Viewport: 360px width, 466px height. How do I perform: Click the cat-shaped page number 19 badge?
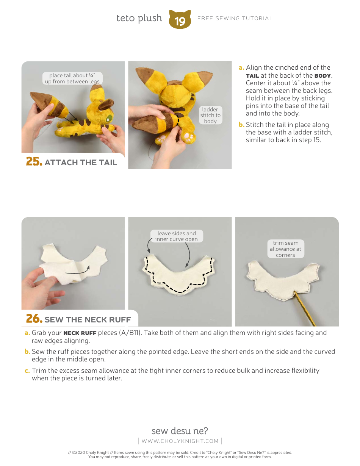[180, 19]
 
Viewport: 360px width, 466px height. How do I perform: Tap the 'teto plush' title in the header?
[139, 18]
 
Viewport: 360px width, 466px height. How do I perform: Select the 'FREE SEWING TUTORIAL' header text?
[235, 18]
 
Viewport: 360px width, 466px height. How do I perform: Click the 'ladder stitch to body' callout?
[210, 115]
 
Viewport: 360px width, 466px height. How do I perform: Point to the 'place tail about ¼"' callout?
[72, 78]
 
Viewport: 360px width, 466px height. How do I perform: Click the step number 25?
[34, 162]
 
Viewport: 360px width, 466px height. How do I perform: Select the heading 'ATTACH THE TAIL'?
[81, 163]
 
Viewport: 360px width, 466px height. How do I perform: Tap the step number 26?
[34, 319]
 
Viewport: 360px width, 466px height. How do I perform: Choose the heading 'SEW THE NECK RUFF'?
[88, 320]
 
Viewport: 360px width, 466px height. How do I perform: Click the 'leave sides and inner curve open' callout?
[177, 236]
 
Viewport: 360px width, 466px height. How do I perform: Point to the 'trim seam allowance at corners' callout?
[285, 249]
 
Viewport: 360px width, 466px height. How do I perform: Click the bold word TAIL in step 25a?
[252, 76]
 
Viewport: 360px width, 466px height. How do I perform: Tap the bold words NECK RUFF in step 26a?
[80, 333]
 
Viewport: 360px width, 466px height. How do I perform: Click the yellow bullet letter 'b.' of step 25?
[241, 125]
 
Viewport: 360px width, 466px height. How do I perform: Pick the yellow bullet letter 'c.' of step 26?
[27, 371]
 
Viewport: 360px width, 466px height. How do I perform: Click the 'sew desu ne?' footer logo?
[180, 431]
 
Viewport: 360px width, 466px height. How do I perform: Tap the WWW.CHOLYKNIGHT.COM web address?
[180, 441]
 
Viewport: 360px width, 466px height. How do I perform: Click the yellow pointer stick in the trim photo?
[305, 310]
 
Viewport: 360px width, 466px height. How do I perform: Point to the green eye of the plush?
[109, 118]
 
